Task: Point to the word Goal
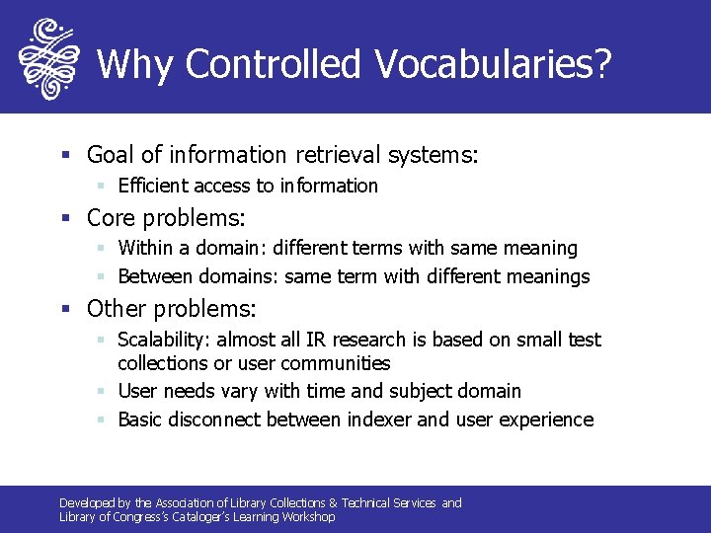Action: (112, 155)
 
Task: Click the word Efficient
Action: (153, 186)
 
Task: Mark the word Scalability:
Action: (164, 340)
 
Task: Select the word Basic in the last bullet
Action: (140, 419)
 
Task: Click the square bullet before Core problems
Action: (65, 217)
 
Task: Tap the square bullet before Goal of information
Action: (65, 156)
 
